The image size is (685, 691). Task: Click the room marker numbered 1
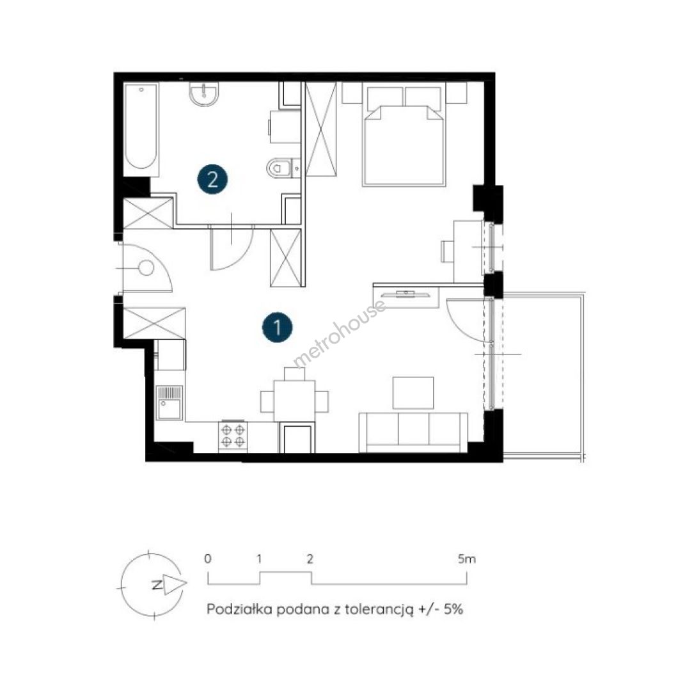tap(277, 328)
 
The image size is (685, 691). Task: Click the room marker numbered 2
tap(212, 179)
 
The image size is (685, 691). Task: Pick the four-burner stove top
tap(233, 436)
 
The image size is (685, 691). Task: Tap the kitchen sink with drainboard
tap(169, 402)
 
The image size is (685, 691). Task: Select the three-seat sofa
tap(413, 433)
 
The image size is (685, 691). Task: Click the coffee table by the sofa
tap(413, 393)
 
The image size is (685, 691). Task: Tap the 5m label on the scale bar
tap(467, 559)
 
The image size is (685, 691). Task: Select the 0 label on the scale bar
tap(208, 559)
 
